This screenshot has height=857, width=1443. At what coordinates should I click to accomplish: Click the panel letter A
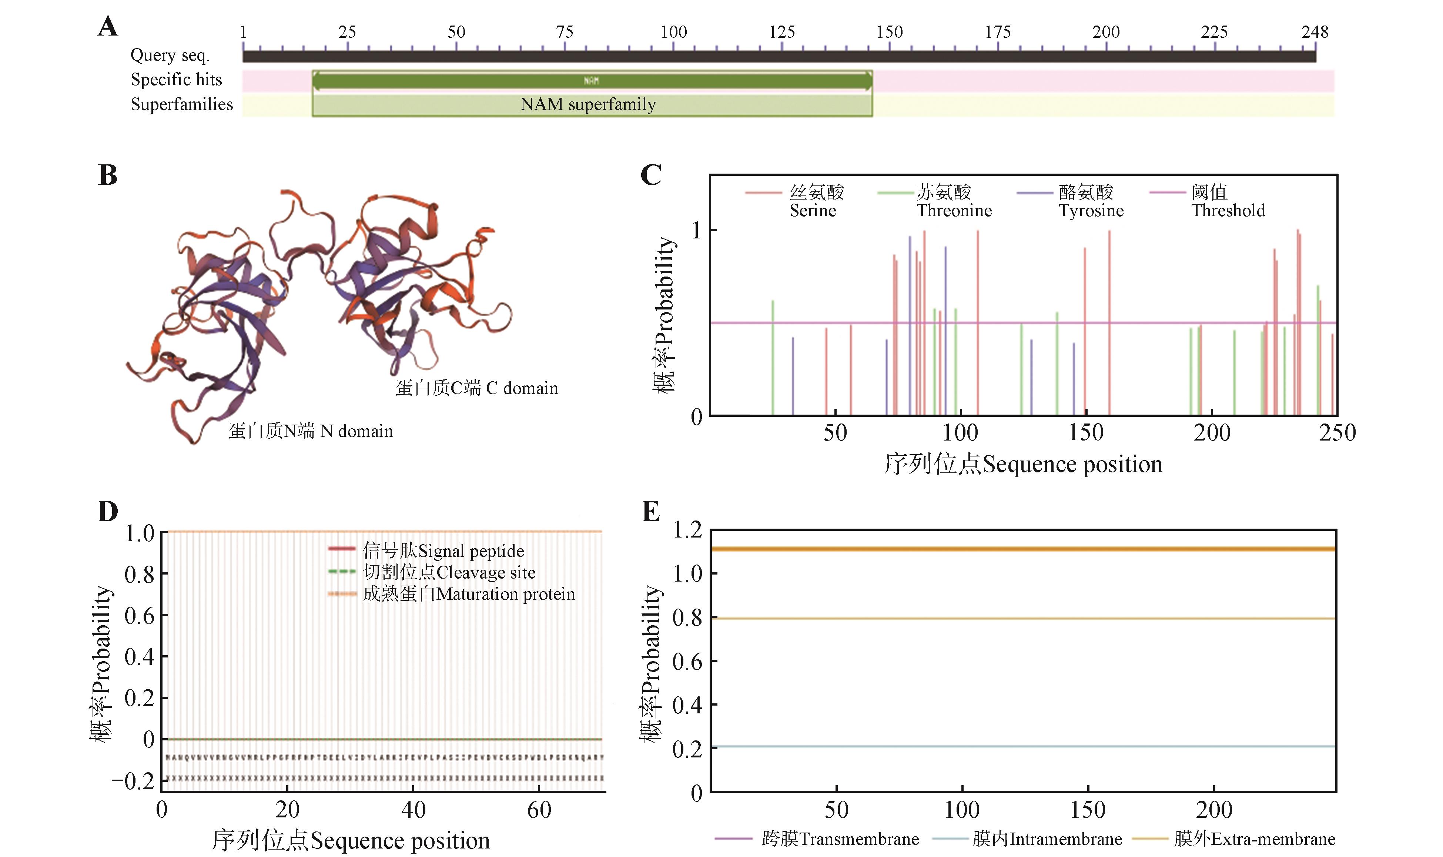coord(108,27)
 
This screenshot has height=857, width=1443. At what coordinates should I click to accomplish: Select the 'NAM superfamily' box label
coord(588,104)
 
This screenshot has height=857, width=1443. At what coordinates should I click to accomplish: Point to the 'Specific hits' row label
coord(176,80)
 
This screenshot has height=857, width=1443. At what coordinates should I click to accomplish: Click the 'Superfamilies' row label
coord(181,104)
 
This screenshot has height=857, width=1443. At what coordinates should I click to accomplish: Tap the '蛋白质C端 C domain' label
coord(476,388)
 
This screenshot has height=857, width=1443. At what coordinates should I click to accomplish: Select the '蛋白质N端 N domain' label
coord(310,431)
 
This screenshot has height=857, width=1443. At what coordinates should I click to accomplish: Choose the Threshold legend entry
coord(1227,201)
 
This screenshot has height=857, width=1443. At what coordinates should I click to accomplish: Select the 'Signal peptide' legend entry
coord(443,551)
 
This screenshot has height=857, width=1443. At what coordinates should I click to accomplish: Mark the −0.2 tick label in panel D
coord(133,781)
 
